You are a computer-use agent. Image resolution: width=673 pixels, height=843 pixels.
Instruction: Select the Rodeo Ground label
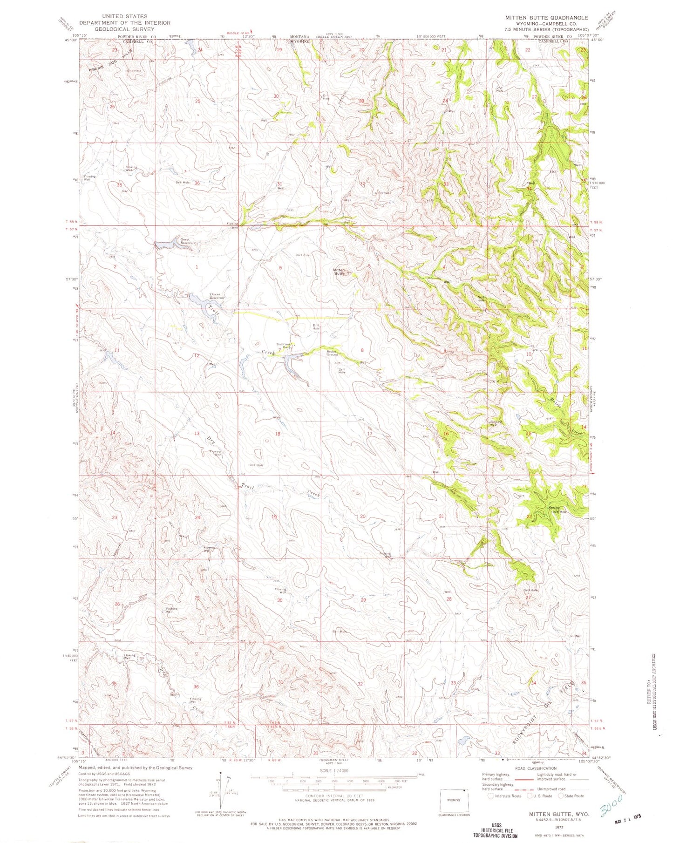(332, 353)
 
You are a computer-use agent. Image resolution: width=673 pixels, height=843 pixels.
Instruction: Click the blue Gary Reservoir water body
(163, 244)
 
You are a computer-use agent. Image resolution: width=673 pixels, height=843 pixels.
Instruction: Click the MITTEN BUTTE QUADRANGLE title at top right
(547, 18)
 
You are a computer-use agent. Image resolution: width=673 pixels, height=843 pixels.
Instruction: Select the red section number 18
(278, 434)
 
